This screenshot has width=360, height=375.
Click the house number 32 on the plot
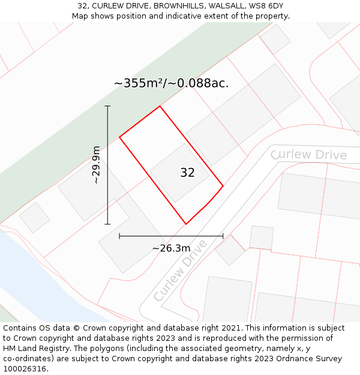[187, 173]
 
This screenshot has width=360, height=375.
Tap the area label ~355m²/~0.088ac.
[171, 83]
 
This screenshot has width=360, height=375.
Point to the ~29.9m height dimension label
[96, 165]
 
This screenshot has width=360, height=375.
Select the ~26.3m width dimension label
[171, 248]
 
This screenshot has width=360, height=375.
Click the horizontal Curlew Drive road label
[308, 155]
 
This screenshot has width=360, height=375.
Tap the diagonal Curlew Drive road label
[180, 271]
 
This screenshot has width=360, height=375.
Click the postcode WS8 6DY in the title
[267, 6]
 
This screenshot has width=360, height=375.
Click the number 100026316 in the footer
[25, 369]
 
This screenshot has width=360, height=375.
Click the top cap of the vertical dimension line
[108, 106]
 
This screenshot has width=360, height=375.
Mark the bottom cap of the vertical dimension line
[108, 224]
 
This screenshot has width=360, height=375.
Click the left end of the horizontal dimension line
[119, 236]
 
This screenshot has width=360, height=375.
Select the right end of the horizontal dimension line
[223, 236]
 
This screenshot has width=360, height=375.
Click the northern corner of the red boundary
[160, 106]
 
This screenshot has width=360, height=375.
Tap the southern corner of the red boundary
[186, 224]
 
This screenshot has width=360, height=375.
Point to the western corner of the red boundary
[119, 137]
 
